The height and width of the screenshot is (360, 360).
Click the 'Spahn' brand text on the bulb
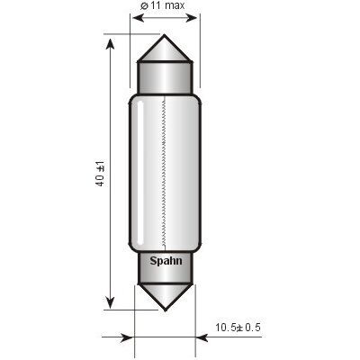pyautogui.click(x=166, y=261)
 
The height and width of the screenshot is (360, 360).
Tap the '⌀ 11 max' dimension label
pyautogui.click(x=162, y=5)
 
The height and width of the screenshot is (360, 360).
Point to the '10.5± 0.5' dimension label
pyautogui.click(x=238, y=328)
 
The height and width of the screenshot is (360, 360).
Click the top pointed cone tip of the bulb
pyautogui.click(x=165, y=35)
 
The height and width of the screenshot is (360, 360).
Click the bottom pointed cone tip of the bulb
pyautogui.click(x=165, y=310)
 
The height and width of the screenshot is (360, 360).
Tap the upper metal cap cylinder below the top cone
pyautogui.click(x=165, y=77)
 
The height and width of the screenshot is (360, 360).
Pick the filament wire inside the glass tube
pyautogui.click(x=165, y=172)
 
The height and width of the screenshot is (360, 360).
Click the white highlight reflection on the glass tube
pyautogui.click(x=140, y=173)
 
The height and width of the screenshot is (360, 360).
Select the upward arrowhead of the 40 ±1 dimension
pyautogui.click(x=111, y=44)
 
